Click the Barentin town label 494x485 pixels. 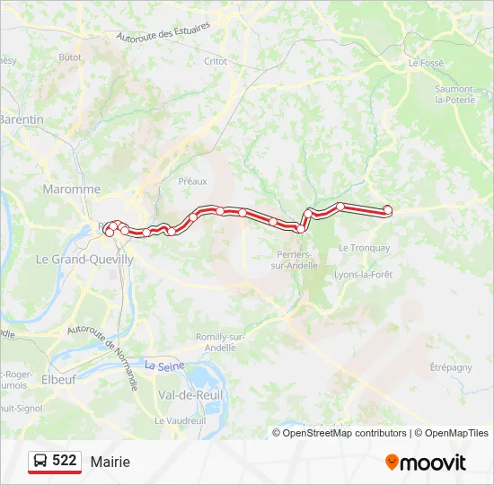22,119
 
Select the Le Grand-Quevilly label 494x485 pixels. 84,259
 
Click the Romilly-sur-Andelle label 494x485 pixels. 208,341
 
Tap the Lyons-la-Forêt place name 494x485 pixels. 363,274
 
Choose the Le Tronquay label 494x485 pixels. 364,248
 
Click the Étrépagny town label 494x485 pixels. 451,367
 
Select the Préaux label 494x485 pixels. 192,181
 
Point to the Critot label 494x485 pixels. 216,61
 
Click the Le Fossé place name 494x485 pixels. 426,63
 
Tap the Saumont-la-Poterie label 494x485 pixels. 454,94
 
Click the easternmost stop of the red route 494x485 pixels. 388,209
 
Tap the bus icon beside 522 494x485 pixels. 40,462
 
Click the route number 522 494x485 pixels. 65,461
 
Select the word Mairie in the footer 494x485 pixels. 110,462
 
